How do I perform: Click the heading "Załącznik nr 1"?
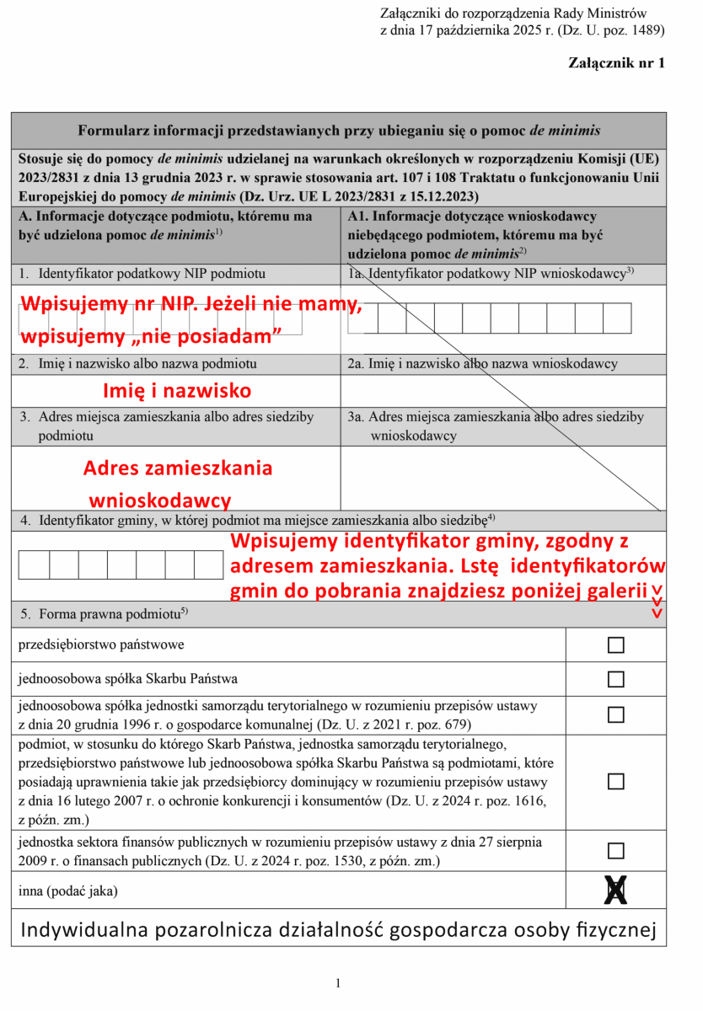(617, 63)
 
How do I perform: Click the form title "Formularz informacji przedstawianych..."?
(339, 131)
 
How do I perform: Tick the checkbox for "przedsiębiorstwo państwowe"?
(616, 645)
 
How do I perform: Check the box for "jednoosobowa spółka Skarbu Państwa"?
(616, 679)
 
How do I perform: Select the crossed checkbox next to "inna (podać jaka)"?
(616, 890)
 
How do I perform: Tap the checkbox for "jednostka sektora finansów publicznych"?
(616, 850)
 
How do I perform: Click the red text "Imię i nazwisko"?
(177, 391)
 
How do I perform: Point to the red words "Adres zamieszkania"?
(178, 468)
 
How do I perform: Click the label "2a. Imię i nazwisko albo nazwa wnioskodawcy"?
(483, 364)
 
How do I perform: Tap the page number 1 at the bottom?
(338, 983)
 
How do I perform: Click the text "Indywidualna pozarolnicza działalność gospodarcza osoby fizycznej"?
(338, 930)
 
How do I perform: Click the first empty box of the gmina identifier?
(35, 564)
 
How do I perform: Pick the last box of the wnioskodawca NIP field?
(617, 318)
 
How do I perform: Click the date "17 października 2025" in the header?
(486, 31)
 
